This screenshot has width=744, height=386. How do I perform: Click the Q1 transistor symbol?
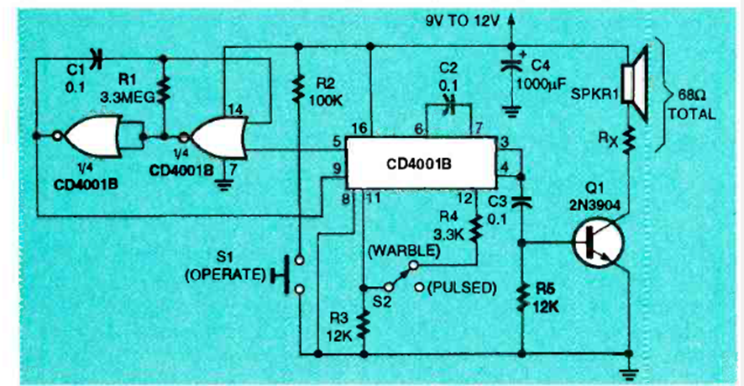[599, 242]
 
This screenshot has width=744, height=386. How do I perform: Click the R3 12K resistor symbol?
[363, 323]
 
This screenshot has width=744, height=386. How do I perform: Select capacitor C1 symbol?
[96, 59]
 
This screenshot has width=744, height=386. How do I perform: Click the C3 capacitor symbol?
[521, 200]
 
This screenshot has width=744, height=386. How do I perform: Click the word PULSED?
[462, 287]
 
